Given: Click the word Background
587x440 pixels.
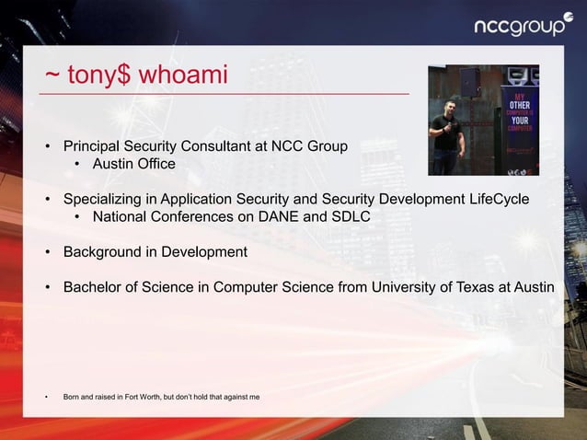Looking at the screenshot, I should [102, 251].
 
